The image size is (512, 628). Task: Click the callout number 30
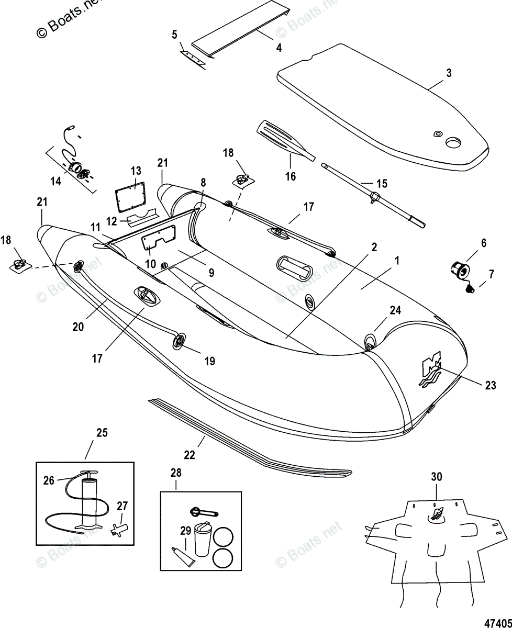tap(437, 477)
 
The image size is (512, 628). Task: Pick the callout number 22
tap(189, 455)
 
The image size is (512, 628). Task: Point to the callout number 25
tap(102, 432)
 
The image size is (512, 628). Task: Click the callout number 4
tap(279, 48)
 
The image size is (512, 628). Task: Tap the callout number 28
tap(175, 472)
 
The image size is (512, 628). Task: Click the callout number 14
tap(55, 181)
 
